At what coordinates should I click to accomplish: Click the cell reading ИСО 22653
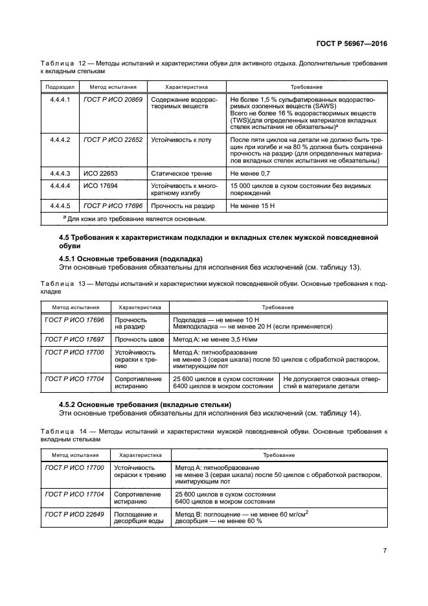point(97,174)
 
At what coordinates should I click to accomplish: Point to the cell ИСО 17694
point(97,186)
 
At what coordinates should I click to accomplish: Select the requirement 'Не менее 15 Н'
point(251,205)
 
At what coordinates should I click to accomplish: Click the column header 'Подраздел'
point(60,87)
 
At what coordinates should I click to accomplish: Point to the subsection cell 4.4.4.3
point(60,174)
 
